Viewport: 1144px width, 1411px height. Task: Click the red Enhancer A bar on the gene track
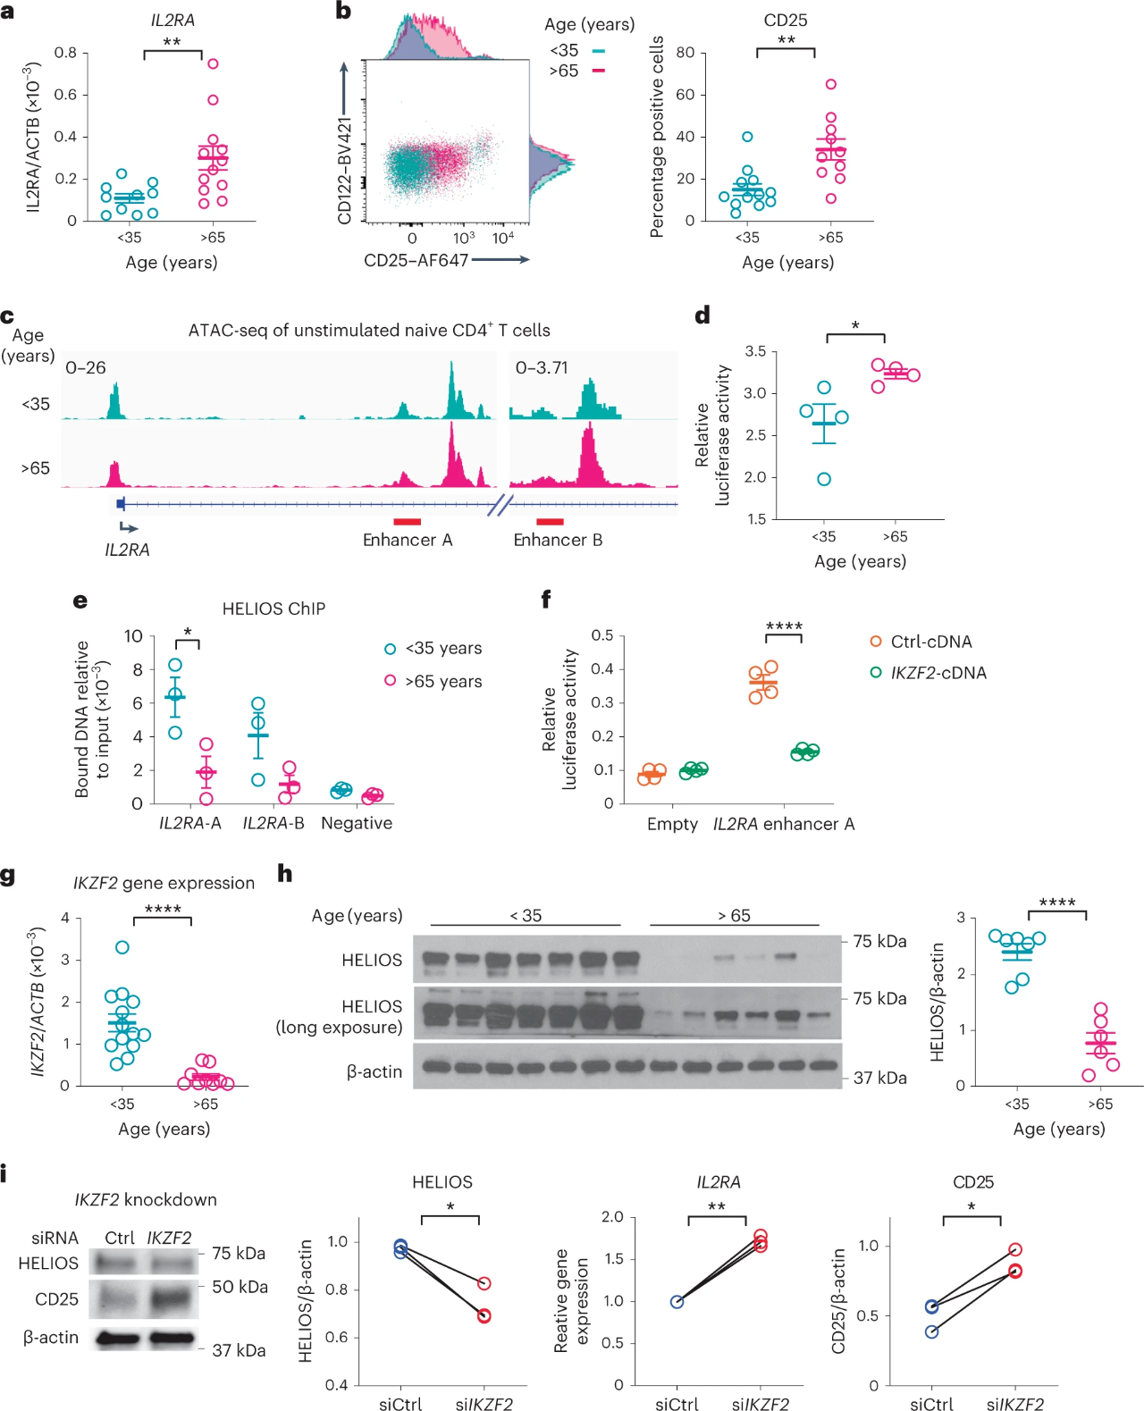(407, 521)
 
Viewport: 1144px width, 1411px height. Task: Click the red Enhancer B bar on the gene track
(550, 521)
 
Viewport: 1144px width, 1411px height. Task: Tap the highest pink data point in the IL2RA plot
(213, 63)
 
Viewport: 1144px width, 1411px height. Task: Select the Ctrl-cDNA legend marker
(876, 642)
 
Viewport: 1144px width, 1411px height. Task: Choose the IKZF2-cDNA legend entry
(929, 673)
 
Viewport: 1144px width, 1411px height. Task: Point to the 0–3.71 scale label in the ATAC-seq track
(542, 367)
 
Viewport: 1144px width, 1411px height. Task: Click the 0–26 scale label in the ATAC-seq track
(86, 367)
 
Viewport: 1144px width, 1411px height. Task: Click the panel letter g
(8, 876)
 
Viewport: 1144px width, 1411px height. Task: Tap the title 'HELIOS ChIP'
(273, 609)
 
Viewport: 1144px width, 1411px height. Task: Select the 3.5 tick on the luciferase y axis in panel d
(755, 351)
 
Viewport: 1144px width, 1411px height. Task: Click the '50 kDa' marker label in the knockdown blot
(240, 1287)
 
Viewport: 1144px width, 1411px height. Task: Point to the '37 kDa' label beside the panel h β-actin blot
(879, 1078)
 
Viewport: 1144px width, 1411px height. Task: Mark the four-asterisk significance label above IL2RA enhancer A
(784, 626)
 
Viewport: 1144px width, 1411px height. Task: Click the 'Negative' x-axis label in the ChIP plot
(357, 823)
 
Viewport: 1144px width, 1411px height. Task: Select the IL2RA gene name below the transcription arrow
(127, 550)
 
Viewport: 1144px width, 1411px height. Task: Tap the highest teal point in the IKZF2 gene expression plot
(122, 947)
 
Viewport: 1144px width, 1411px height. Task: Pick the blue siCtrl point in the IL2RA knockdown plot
(677, 1302)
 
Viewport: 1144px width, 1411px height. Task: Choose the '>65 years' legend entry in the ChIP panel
(443, 682)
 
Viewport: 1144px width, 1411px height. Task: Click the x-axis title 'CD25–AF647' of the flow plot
(416, 260)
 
